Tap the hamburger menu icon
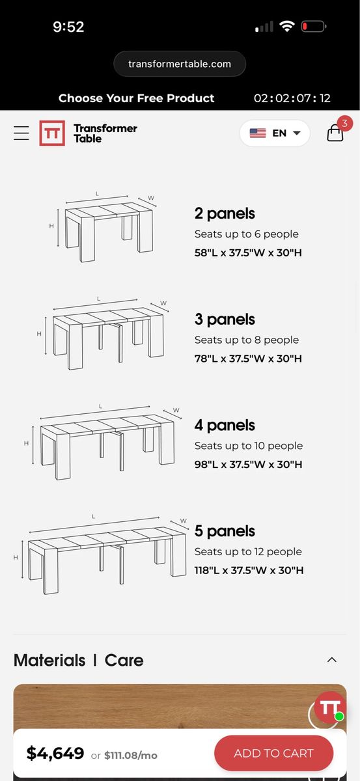[21, 133]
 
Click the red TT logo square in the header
[52, 133]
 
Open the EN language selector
[275, 133]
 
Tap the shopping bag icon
[335, 133]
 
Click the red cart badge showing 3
[344, 123]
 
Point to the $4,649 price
[55, 753]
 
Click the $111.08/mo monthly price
[131, 756]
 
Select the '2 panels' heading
[225, 213]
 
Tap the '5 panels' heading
[225, 531]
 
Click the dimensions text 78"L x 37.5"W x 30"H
[248, 359]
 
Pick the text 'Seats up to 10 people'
[249, 446]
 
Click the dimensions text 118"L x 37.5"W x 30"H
[249, 570]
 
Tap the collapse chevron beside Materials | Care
[332, 660]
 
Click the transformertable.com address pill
[180, 64]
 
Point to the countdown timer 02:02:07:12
[292, 98]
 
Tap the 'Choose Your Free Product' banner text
[137, 98]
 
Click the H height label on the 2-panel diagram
[51, 226]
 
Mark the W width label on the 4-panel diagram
[176, 410]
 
